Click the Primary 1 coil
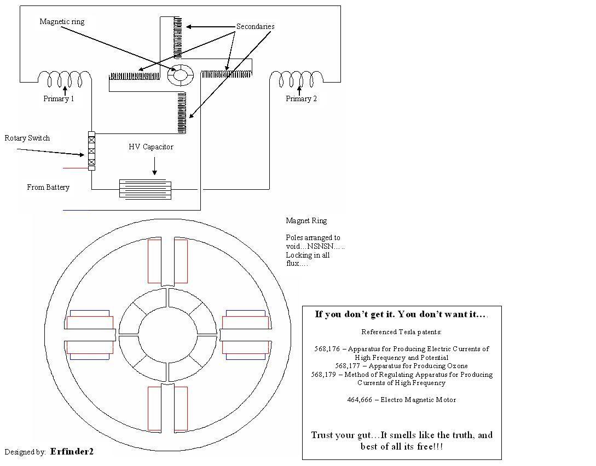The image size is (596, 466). [x=65, y=78]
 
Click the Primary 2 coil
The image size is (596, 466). [x=297, y=78]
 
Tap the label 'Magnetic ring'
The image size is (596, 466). [x=62, y=22]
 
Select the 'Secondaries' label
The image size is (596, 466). [x=256, y=27]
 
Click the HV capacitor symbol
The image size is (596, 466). [x=145, y=189]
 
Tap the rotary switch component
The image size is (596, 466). [x=91, y=151]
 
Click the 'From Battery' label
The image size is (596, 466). [x=48, y=187]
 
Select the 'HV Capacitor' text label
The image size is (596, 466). [x=151, y=147]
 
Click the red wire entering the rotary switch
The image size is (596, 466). [x=76, y=168]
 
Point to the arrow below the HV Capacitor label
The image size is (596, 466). [x=154, y=166]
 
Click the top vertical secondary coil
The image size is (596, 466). [x=177, y=37]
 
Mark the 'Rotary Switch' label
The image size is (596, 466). [x=27, y=138]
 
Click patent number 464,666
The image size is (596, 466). [x=360, y=399]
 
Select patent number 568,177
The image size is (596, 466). [x=348, y=366]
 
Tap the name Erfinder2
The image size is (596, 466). [x=72, y=452]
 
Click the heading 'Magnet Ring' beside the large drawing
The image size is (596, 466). [x=306, y=220]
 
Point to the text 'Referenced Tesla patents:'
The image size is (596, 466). [x=401, y=332]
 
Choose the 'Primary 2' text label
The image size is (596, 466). [x=301, y=99]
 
